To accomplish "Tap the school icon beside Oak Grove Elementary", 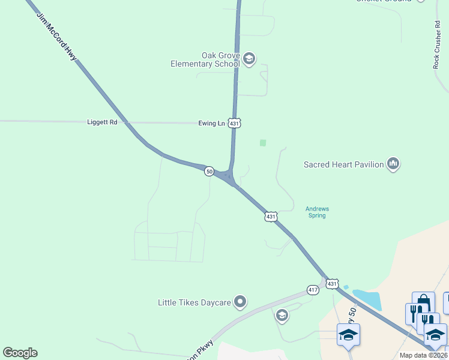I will pos(249,59).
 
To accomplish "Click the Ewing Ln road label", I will pos(211,123).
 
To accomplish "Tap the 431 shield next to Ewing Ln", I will pos(235,123).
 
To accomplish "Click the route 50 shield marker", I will pos(209,171).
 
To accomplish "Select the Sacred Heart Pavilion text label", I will pos(343,164).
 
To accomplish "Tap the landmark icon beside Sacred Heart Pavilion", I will pos(393,163).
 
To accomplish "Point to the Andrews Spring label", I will pos(317,212).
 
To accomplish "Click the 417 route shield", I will pos(313,289).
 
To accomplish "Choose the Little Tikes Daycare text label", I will pos(194,302).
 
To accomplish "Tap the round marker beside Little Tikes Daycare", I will pos(240,302).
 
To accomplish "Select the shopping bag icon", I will pos(423,301).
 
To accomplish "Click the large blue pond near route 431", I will pos(368,299).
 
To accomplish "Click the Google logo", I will pos(20,353).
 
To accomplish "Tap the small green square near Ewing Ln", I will pos(262,143).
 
